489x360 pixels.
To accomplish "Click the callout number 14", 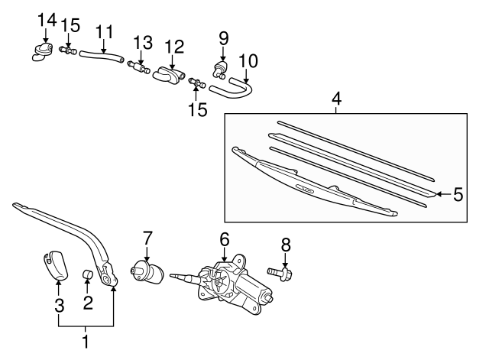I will coord(47,18).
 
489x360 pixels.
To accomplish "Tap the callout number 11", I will coord(104,32).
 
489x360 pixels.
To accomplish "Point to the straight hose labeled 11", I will coord(102,55).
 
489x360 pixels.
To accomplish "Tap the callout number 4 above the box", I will coord(335,99).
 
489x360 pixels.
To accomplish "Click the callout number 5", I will coord(458,194).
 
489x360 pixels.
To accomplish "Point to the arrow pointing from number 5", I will coord(442,194).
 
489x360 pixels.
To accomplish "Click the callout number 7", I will coord(147,238).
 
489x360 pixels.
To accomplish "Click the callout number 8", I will coord(285,245).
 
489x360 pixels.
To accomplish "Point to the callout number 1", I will coord(86,342).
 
